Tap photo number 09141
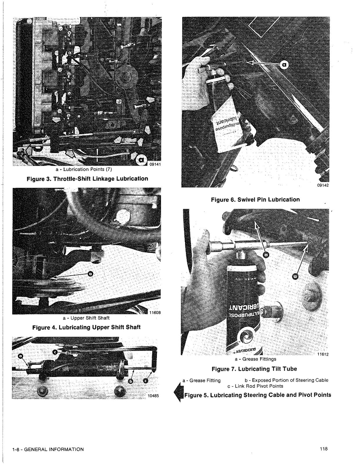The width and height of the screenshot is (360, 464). coord(155,164)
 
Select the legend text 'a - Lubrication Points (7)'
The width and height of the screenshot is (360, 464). coord(84,169)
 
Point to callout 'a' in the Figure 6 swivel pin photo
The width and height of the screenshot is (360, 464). coord(284,66)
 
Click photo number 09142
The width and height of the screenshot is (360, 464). coord(323,186)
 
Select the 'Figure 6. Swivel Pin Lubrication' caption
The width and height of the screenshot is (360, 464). coord(255,200)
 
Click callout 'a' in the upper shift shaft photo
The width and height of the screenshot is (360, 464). coord(90,273)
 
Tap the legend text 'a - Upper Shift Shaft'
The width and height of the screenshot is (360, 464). coord(86,318)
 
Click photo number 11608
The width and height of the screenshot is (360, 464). coord(155,313)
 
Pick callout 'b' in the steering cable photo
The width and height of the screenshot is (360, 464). coord(131,381)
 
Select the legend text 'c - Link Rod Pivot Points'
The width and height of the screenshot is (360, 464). coord(255,386)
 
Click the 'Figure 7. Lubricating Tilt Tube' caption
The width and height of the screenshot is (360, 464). coord(254,369)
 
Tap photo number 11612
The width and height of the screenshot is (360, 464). coord(323,354)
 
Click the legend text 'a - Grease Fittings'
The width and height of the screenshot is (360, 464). coord(255,359)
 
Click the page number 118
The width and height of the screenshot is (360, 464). coord(324,449)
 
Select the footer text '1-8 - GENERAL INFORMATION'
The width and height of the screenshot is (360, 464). coord(48,449)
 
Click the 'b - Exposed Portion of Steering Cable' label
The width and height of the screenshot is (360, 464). coord(287,380)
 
